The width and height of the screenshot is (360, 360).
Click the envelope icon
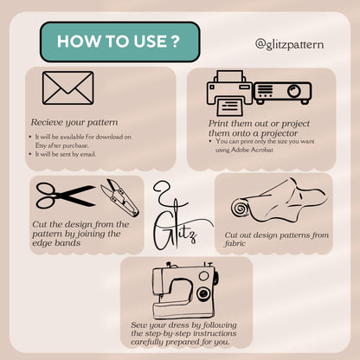click(x=68, y=88)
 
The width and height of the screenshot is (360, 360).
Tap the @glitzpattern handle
click(x=289, y=45)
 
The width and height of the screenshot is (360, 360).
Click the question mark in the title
click(x=175, y=42)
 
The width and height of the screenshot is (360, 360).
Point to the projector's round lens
click(x=294, y=91)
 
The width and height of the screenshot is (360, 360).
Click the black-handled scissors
click(x=66, y=196)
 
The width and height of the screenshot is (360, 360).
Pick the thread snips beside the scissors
click(x=120, y=198)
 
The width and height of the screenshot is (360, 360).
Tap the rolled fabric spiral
click(x=239, y=209)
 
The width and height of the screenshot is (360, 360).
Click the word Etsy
click(x=41, y=145)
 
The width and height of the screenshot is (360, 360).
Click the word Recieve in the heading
click(x=47, y=122)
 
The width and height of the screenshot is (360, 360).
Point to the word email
click(x=88, y=154)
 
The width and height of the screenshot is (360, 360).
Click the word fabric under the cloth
click(x=235, y=244)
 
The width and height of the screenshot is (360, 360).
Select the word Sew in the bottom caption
click(x=138, y=325)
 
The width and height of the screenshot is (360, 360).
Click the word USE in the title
click(x=150, y=42)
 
